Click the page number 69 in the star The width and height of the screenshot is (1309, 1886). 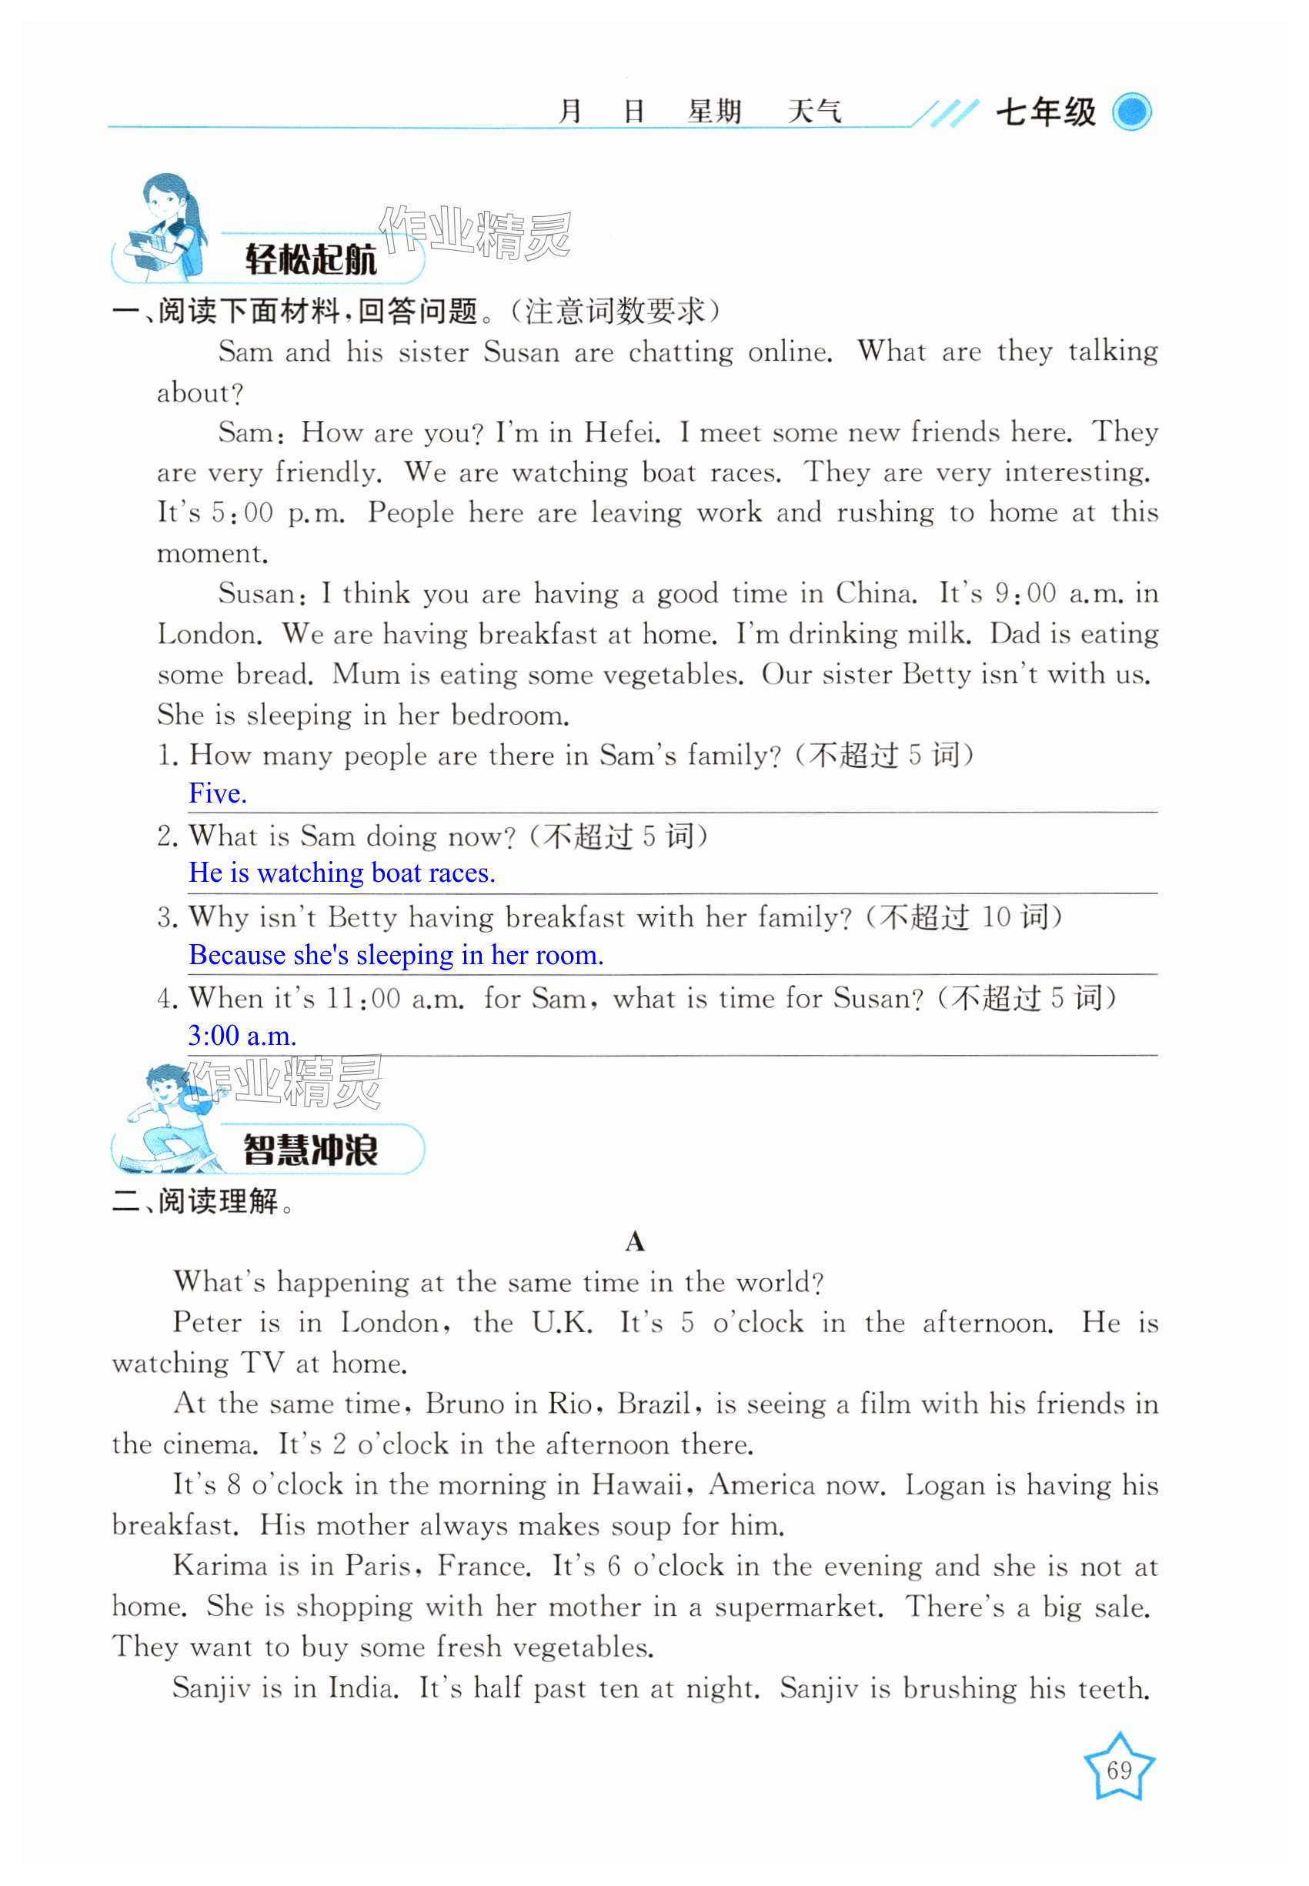coord(1119,1770)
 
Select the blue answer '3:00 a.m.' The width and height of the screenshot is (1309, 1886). coord(242,1036)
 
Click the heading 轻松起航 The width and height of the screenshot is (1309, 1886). coord(311,260)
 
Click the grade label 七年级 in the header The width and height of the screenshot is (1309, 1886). coord(1046,112)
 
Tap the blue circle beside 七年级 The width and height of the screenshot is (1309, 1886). coord(1132,112)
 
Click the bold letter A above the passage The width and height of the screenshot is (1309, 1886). coord(634,1242)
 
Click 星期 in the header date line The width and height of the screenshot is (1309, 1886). coord(714,112)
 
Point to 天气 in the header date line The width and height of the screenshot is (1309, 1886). coord(813,112)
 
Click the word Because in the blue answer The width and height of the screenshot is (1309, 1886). coord(236,955)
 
